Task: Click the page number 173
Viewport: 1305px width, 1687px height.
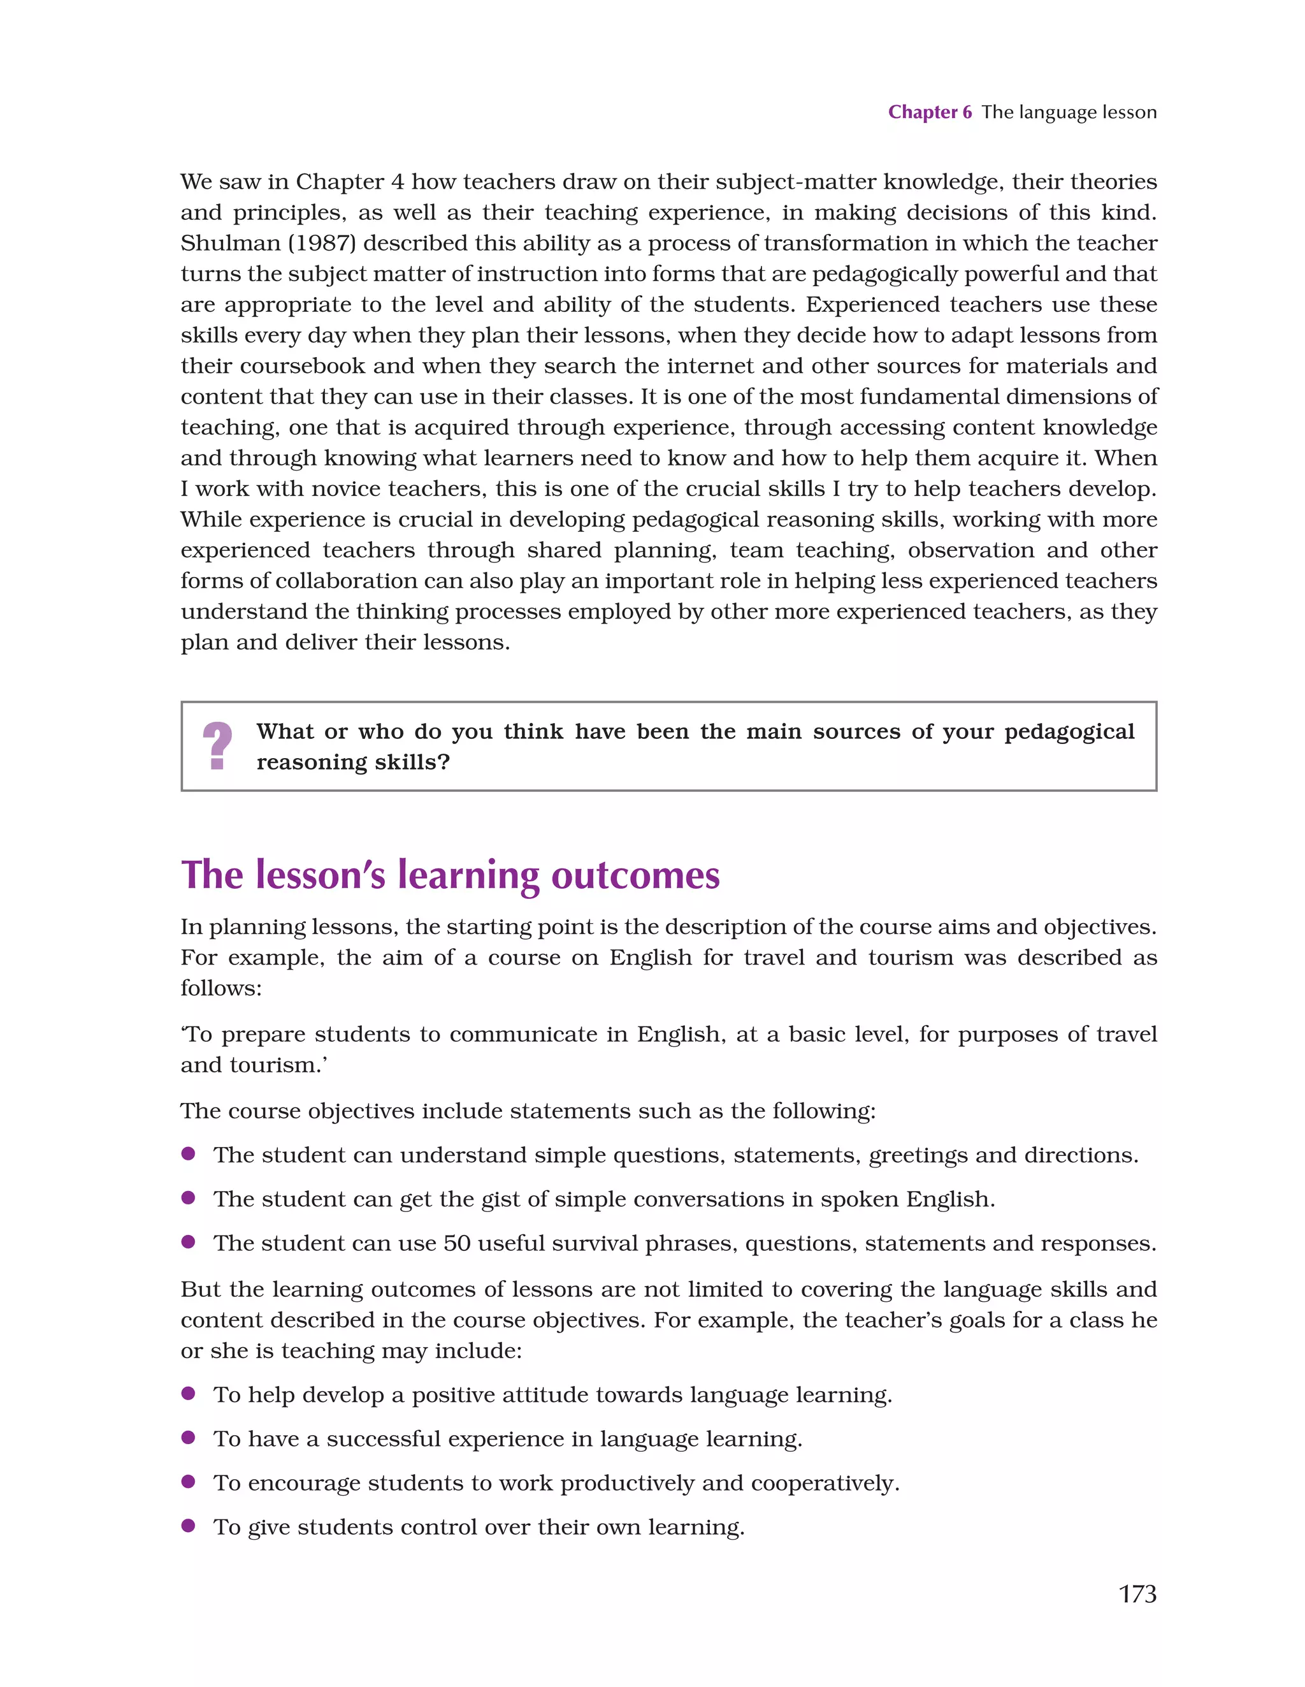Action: coord(1137,1593)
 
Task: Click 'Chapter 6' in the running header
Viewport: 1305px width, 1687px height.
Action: coord(929,112)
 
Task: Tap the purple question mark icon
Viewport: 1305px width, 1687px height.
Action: coord(217,745)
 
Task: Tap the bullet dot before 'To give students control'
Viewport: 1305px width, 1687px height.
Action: coord(187,1526)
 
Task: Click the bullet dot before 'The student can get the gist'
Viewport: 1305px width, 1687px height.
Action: coord(187,1198)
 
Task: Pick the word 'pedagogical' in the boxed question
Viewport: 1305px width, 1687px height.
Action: coord(1069,731)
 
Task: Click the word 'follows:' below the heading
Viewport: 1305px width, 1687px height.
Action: coord(221,988)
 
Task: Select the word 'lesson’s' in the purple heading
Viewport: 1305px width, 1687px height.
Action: coord(320,875)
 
